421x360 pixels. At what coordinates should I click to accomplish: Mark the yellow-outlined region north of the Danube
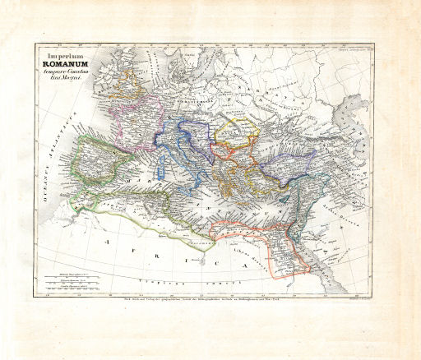(x=234, y=136)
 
